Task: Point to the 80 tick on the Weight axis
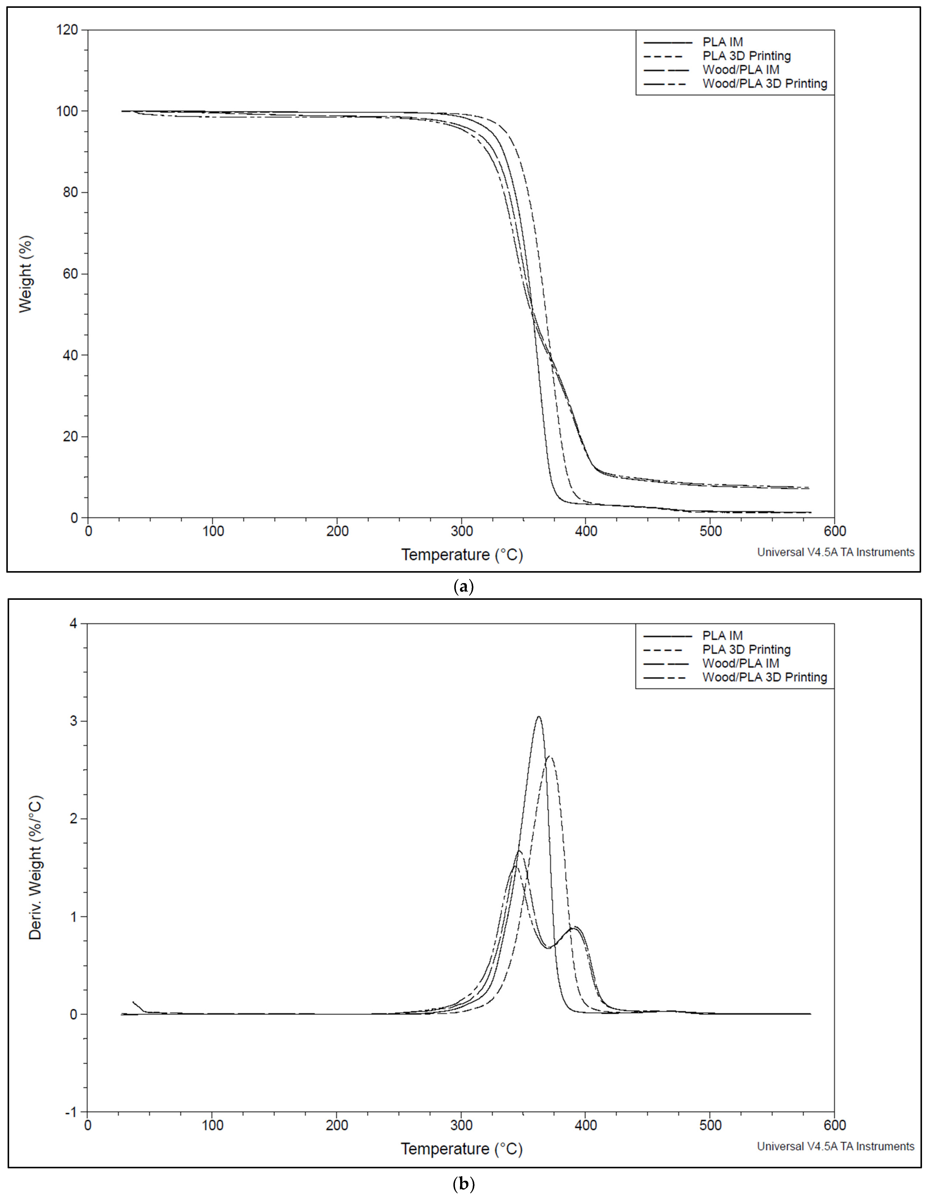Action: pyautogui.click(x=71, y=192)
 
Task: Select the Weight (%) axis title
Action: pyautogui.click(x=26, y=274)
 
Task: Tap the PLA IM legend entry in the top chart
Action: pyautogui.click(x=722, y=42)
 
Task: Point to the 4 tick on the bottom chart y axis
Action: pyautogui.click(x=74, y=624)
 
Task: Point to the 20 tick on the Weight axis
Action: pyautogui.click(x=71, y=437)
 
